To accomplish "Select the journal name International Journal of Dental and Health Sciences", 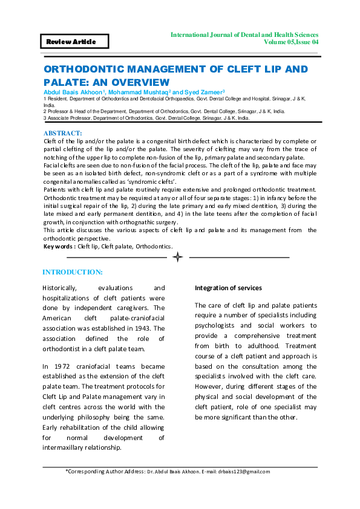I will [244, 35].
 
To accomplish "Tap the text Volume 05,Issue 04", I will [291, 42].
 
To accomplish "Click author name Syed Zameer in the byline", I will [204, 91].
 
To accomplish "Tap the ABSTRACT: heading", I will [63, 132].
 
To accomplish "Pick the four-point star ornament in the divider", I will [177, 258].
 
